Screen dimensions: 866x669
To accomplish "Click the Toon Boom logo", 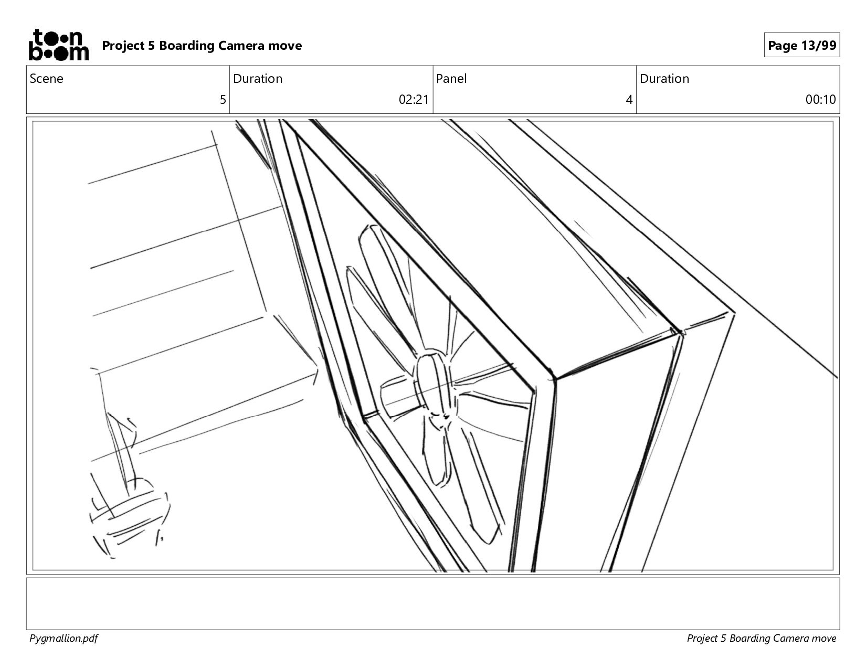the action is pyautogui.click(x=59, y=45).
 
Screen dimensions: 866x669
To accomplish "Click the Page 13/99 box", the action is pyautogui.click(x=802, y=45).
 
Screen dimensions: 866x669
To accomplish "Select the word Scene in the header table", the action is pyautogui.click(x=46, y=79).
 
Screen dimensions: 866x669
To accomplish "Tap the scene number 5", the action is pyautogui.click(x=223, y=99).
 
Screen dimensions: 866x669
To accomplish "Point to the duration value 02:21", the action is pyautogui.click(x=414, y=99).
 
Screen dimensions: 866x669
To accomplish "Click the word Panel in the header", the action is pyautogui.click(x=451, y=79).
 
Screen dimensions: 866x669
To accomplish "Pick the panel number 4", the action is pyautogui.click(x=629, y=99).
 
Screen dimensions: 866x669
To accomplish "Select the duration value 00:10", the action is pyautogui.click(x=820, y=99).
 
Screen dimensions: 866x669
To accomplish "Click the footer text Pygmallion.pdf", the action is pyautogui.click(x=64, y=639).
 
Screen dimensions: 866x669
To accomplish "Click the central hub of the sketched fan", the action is pyautogui.click(x=433, y=383).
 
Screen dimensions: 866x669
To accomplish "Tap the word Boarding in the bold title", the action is pyautogui.click(x=186, y=46).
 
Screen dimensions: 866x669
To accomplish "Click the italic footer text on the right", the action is pyautogui.click(x=761, y=639).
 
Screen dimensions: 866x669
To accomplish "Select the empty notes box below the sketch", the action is pyautogui.click(x=433, y=603).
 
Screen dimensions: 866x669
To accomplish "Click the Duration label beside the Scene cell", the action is pyautogui.click(x=258, y=79).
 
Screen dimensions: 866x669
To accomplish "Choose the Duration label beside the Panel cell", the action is pyautogui.click(x=664, y=79).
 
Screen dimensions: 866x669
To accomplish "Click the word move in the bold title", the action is pyautogui.click(x=285, y=46).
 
